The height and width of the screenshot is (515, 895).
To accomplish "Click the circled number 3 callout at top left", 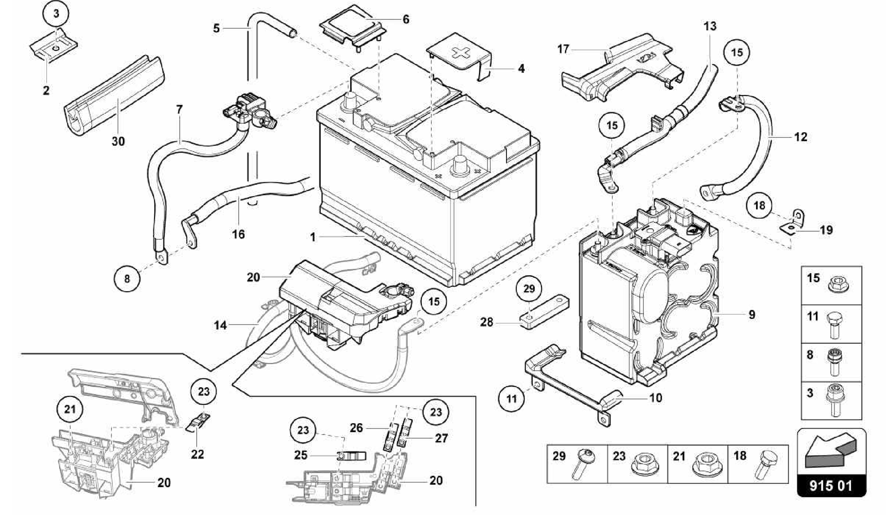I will pos(56,13).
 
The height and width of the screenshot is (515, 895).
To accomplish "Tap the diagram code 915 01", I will pos(831,485).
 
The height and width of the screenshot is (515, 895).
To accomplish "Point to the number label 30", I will pos(118,141).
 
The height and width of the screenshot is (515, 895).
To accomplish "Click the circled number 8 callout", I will pos(127,278).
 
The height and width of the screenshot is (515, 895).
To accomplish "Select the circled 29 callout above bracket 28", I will pos(529,289).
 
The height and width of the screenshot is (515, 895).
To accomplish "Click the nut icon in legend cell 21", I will pos(704,464).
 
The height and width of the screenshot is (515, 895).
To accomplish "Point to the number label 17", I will pos(563,49).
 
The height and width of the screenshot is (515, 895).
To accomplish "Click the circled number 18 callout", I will pos(759,205).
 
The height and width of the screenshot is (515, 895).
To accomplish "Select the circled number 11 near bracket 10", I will pos(511,399).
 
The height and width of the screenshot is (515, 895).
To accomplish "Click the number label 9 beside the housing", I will pos(752,314).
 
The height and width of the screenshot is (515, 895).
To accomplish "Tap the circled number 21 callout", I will pos(70,410).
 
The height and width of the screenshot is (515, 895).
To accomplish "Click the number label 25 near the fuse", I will pos(300,455).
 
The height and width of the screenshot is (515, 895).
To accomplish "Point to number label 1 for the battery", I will pos(312,237).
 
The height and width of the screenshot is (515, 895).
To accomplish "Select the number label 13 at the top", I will pos(710,26).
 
